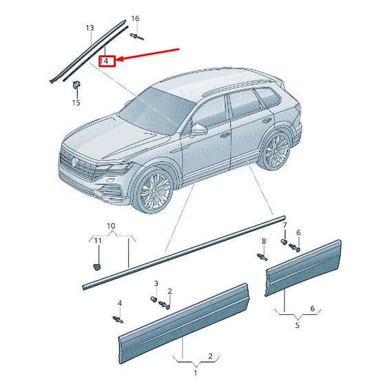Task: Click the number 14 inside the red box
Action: coord(105,61)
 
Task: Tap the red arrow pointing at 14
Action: coord(148,55)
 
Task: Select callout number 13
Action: coord(90,28)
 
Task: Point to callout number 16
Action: coord(135,18)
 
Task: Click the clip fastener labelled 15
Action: coord(76,85)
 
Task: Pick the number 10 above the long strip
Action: coord(111,226)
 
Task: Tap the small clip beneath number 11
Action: coord(97,264)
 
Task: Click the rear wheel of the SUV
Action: coord(277,150)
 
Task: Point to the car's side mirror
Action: coord(200,129)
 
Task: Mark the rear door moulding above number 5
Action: coord(303,267)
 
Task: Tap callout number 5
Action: coord(297,326)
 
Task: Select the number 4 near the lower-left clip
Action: coord(119,303)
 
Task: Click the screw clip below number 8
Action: coord(262,257)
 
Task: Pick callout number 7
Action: coord(285,226)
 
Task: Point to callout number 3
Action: coord(156,283)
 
